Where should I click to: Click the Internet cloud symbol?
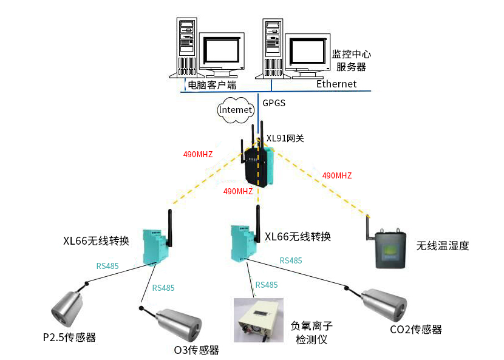tap(235, 109)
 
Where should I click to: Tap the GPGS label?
tap(273, 103)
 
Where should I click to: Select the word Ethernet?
tap(336, 84)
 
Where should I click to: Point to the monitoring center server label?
tap(351, 60)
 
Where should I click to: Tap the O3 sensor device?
tap(177, 325)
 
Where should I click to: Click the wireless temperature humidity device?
tap(392, 248)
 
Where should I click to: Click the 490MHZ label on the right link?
tap(337, 175)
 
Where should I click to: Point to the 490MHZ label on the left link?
tap(198, 154)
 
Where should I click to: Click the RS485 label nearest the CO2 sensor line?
tap(290, 260)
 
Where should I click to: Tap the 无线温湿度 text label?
tap(443, 246)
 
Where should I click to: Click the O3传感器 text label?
tap(196, 350)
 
